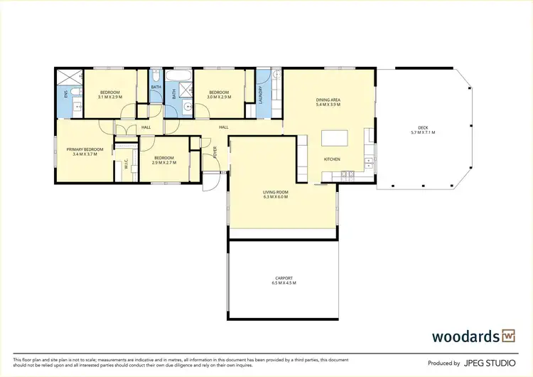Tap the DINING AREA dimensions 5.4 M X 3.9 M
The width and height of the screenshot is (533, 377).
click(328, 105)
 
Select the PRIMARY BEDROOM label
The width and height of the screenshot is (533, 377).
click(85, 149)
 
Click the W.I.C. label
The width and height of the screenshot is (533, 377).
click(126, 164)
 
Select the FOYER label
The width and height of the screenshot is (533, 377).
click(215, 152)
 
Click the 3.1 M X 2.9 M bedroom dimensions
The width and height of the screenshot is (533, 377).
click(110, 97)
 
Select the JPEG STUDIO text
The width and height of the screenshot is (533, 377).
click(490, 363)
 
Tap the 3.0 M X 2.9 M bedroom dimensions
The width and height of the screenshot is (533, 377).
click(219, 97)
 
